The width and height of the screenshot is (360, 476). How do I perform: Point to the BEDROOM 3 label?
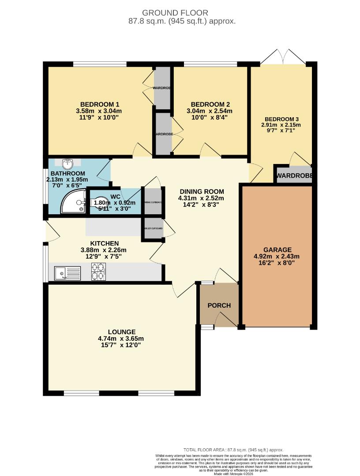click(282, 119)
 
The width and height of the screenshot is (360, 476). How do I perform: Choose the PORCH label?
click(219, 305)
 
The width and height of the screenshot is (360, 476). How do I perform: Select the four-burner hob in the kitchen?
click(99, 271)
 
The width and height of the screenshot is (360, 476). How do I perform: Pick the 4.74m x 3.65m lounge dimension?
click(121, 338)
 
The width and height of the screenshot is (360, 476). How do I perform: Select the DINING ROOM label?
click(202, 192)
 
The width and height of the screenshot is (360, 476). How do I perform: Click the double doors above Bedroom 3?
click(283, 57)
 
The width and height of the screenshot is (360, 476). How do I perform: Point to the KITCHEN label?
click(105, 243)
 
